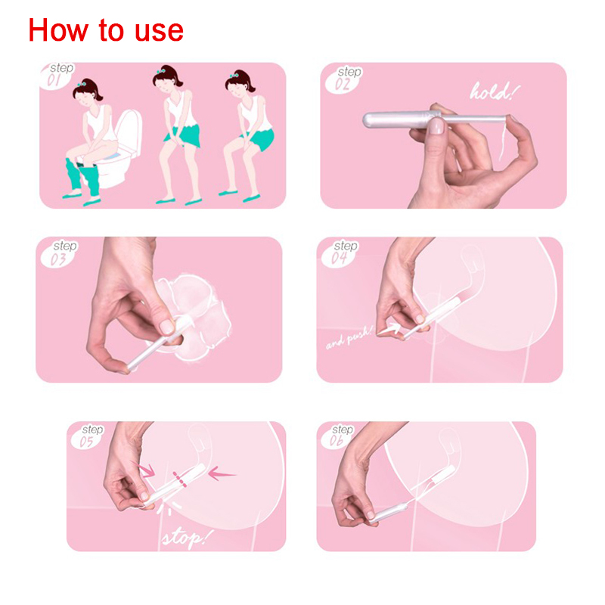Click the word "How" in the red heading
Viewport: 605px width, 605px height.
pos(58,29)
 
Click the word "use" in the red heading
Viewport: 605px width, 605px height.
pos(159,31)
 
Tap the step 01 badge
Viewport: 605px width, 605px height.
pos(57,76)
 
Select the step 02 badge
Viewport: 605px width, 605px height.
pos(343,79)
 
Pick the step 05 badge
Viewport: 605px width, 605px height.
pos(88,436)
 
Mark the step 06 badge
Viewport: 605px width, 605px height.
pos(337,436)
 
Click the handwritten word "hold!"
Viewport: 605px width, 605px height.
pos(495,92)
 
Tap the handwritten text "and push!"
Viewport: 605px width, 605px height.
pos(349,338)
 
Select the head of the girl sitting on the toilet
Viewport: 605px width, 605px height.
pos(87,92)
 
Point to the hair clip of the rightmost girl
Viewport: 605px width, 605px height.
pos(234,75)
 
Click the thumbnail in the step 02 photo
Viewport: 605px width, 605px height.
pos(436,126)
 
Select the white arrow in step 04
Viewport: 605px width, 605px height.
pos(389,329)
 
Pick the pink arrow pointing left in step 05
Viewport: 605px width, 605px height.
pos(221,473)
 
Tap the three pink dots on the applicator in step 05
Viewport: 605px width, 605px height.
pos(180,479)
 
